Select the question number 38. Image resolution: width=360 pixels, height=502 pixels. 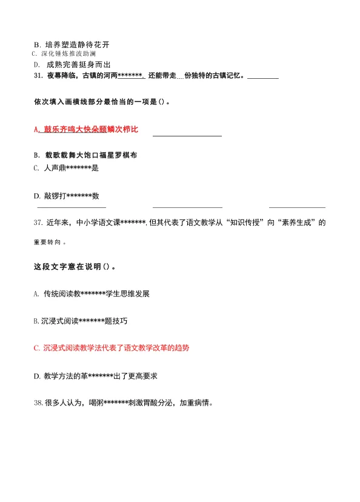tap(38, 402)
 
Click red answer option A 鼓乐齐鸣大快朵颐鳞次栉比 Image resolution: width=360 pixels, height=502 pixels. tap(87, 129)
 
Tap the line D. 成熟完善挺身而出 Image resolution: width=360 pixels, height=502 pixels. tap(73, 64)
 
